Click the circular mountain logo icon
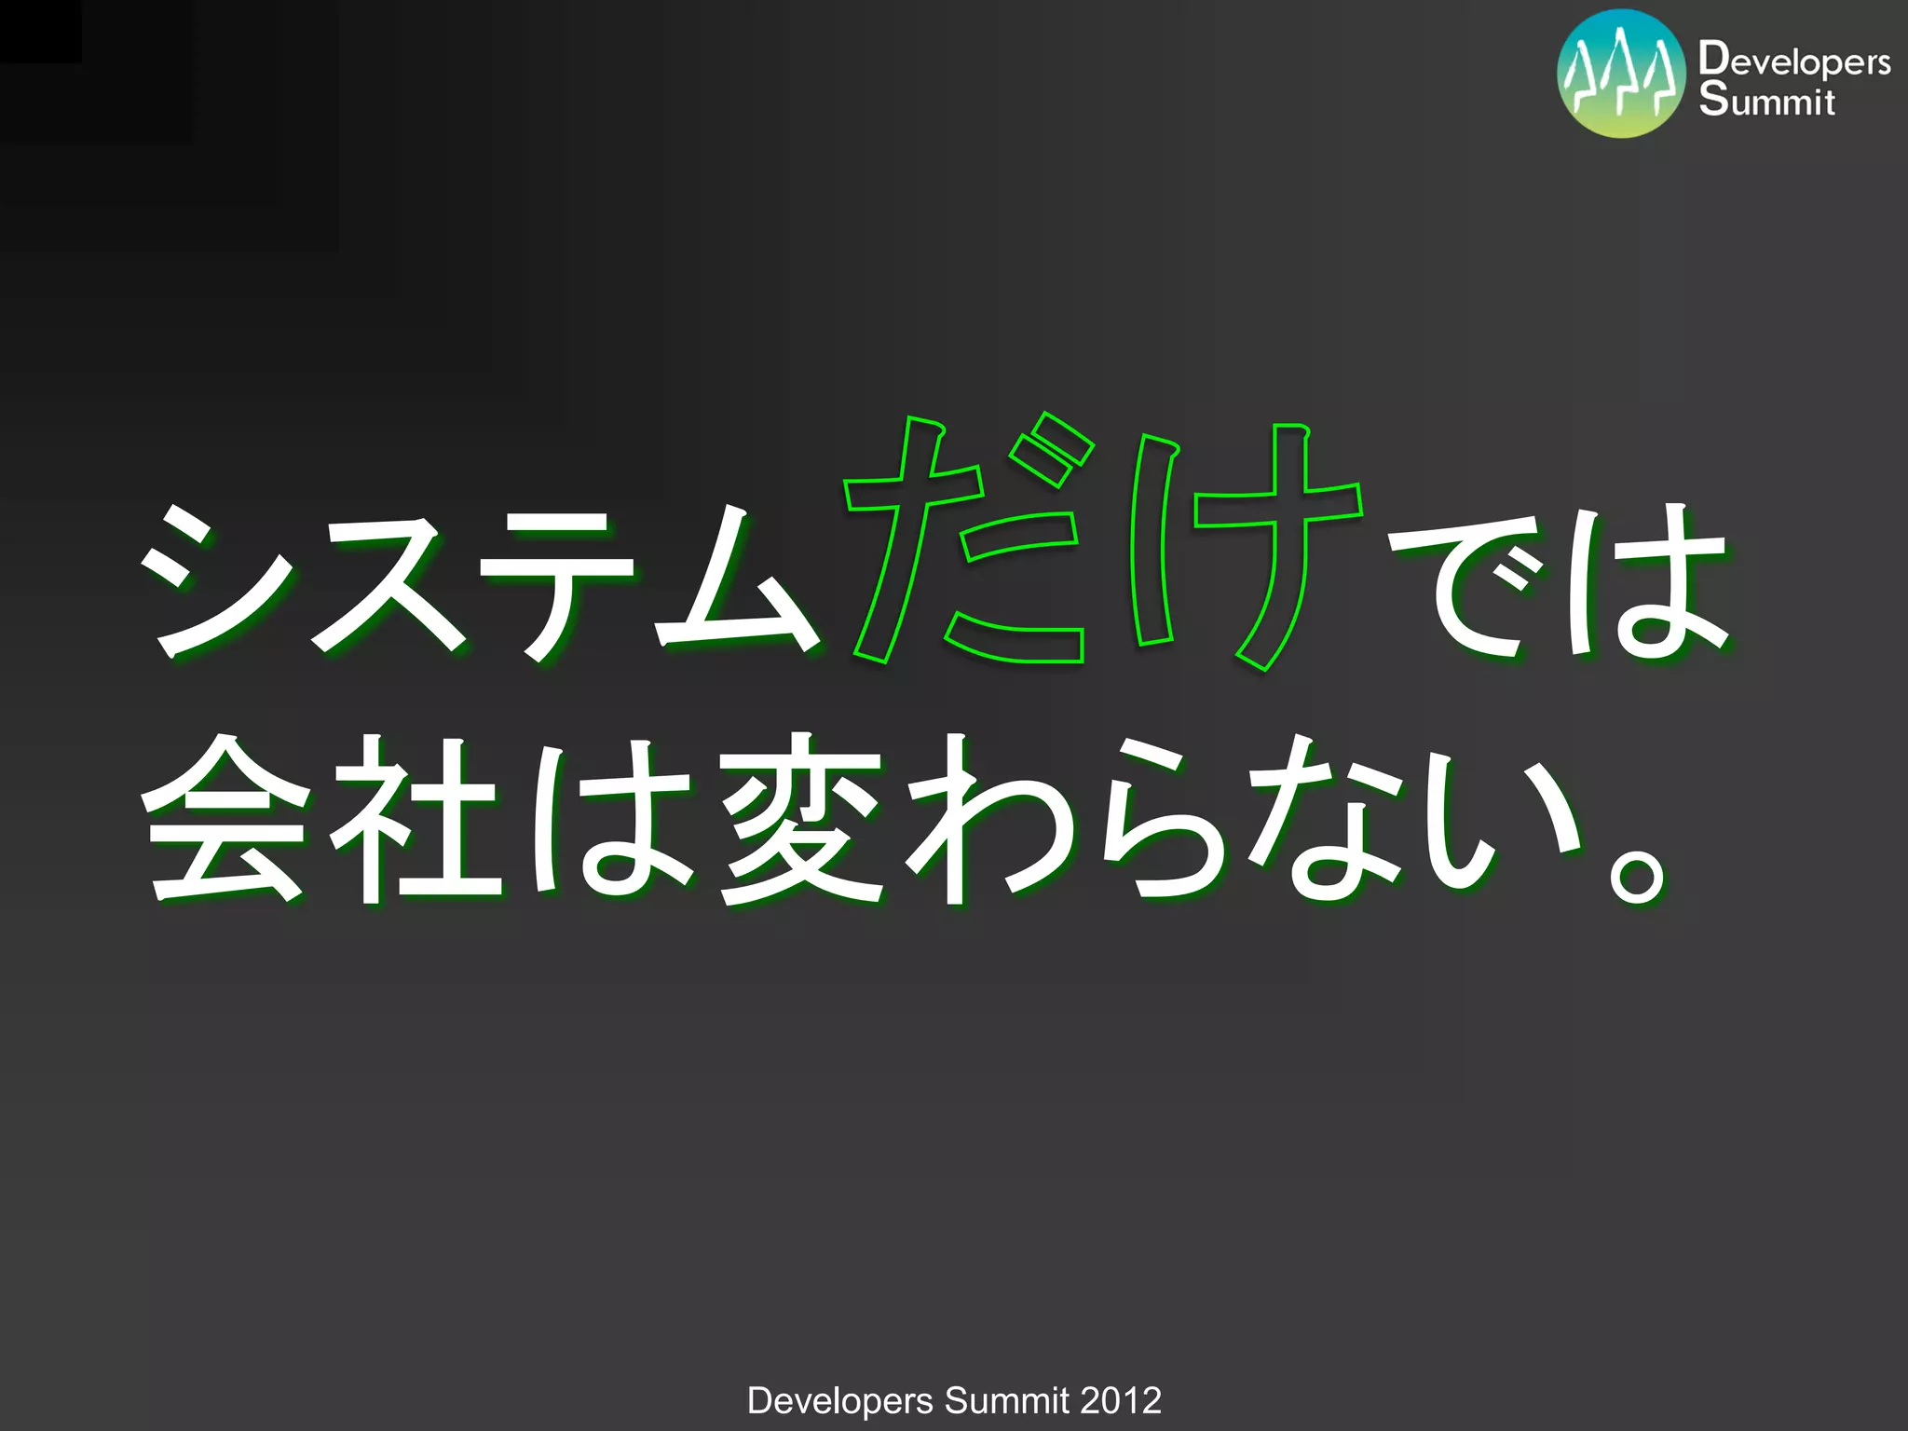(1621, 74)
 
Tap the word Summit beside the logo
(1766, 101)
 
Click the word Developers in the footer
(839, 1401)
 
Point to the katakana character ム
(736, 582)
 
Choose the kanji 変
(801, 820)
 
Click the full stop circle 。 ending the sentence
(1637, 876)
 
